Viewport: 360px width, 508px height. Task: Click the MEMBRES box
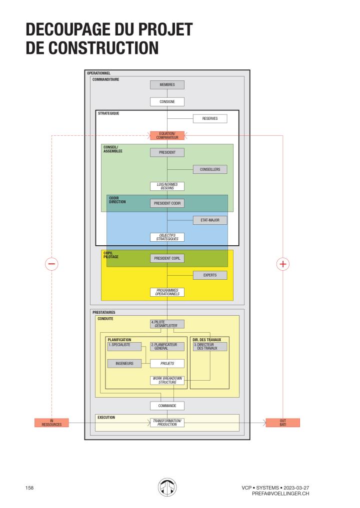(167, 85)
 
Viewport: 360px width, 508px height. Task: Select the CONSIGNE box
(167, 101)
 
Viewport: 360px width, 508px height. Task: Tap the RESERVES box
(210, 119)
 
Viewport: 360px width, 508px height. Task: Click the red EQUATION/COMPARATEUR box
(167, 135)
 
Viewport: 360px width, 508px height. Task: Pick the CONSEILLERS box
(210, 169)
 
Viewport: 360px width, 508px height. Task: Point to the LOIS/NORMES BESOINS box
(167, 186)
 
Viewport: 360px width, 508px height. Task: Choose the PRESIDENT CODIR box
(167, 203)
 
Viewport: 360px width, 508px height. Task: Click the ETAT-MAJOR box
(210, 220)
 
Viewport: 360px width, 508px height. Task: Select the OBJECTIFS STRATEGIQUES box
(167, 237)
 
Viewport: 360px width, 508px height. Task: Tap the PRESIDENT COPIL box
(167, 258)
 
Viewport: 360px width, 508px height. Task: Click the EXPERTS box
(210, 275)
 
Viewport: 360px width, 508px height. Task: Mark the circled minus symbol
(52, 264)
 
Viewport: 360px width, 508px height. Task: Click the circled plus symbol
(283, 264)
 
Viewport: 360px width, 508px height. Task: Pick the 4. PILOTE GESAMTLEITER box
(167, 324)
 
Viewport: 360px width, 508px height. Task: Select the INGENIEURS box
(124, 364)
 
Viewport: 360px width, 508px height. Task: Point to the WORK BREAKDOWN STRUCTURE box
(167, 381)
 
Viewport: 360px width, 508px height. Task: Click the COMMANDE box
(167, 406)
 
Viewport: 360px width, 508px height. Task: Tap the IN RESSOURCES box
(51, 423)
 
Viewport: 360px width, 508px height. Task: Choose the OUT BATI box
(282, 423)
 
